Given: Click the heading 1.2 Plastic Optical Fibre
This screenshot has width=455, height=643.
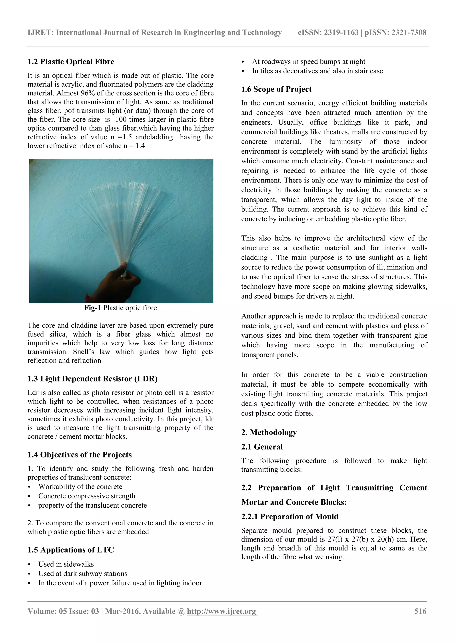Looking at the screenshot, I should click(x=71, y=62).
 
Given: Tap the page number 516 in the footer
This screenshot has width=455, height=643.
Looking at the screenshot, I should click(x=420, y=611).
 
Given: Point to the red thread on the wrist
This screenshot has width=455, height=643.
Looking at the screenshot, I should click(x=89, y=296).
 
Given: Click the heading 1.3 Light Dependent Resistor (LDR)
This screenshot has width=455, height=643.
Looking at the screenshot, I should click(x=92, y=379).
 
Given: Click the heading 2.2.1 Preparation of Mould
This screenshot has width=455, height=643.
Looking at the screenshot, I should click(x=290, y=516).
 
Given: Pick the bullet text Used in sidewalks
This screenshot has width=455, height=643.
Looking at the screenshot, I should click(x=66, y=564).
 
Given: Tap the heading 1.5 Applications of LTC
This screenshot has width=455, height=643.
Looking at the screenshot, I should click(x=70, y=550).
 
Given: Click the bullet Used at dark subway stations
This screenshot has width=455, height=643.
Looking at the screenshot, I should click(x=83, y=573).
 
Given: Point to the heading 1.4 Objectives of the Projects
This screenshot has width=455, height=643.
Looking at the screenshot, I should click(x=79, y=455).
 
